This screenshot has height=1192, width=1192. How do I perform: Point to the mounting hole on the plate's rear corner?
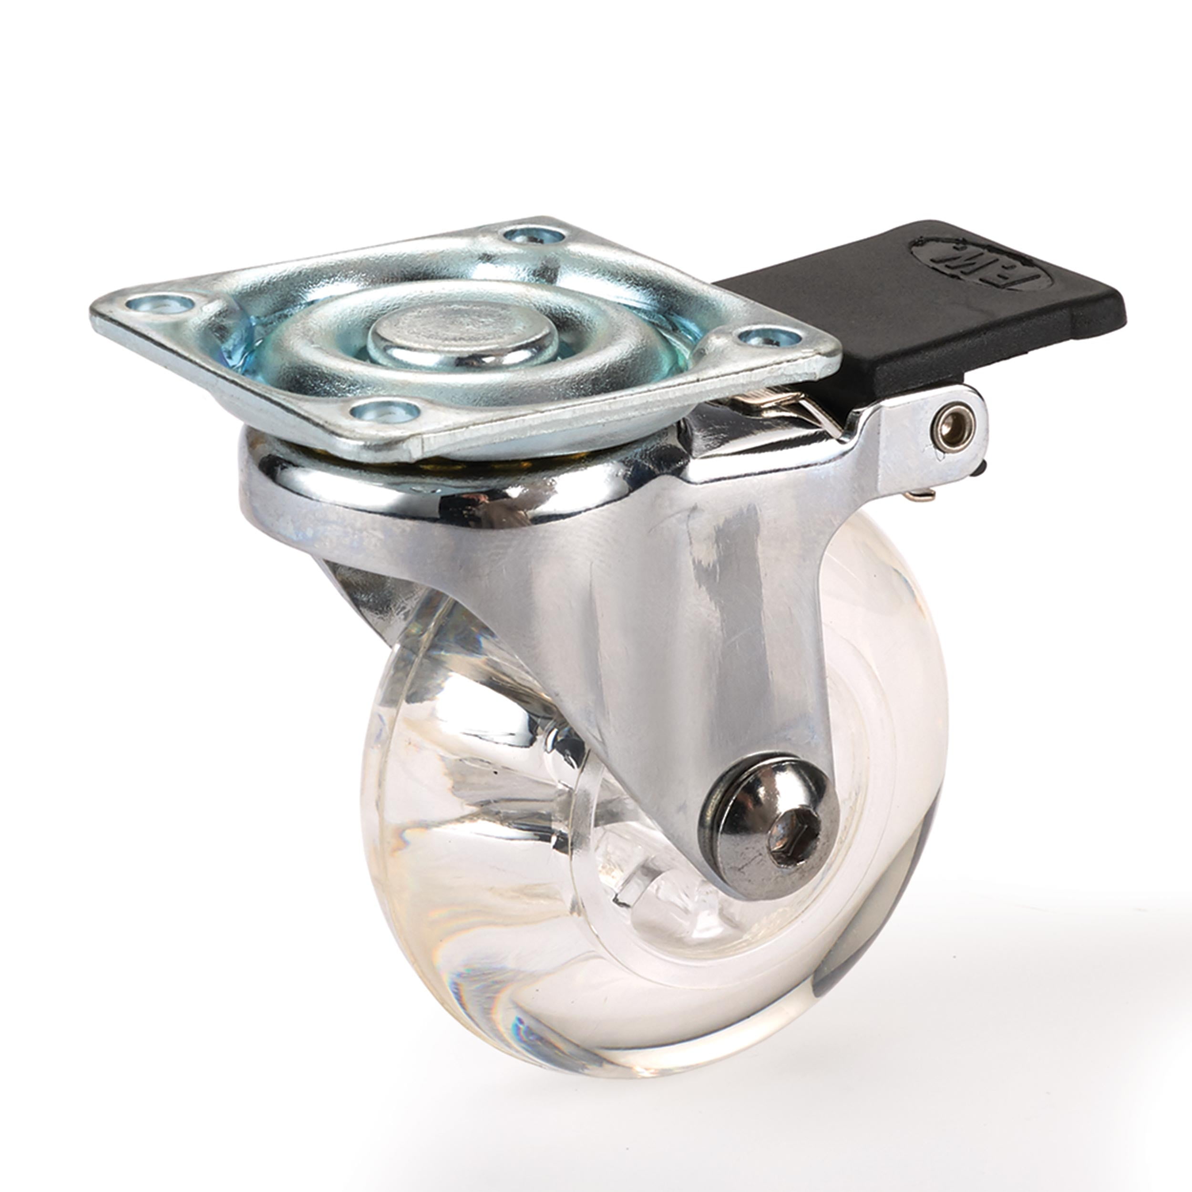click(x=534, y=235)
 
